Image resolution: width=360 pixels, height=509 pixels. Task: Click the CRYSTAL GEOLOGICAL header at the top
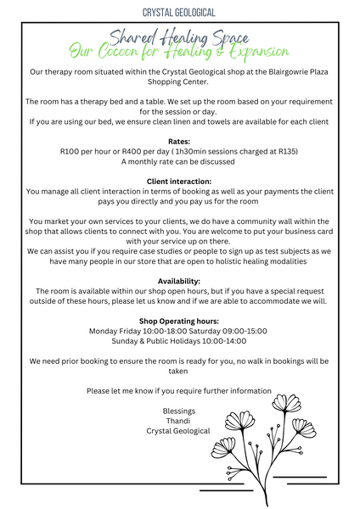point(179,12)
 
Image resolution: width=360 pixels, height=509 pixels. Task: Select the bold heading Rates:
point(179,143)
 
